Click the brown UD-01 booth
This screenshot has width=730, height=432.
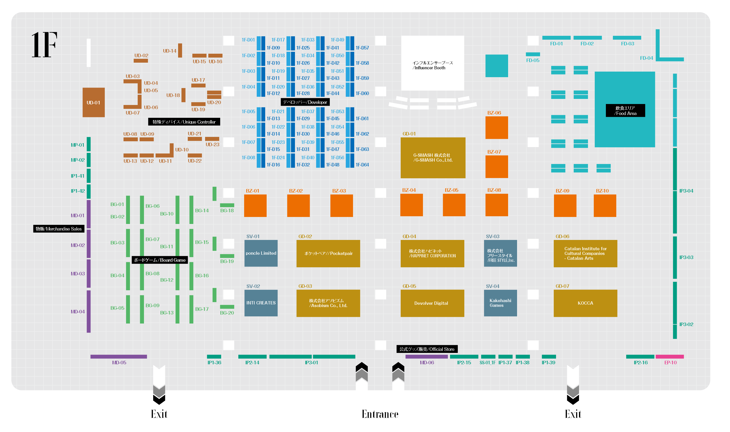click(93, 103)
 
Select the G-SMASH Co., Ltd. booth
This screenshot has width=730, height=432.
click(433, 157)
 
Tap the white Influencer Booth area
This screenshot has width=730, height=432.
click(432, 63)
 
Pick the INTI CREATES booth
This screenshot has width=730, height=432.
click(261, 303)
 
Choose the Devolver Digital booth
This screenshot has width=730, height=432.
click(432, 303)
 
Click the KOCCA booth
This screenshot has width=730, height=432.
click(585, 303)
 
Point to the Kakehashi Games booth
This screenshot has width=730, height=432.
click(500, 303)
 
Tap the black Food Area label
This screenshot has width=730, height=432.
click(625, 111)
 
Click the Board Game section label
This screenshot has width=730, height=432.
click(159, 260)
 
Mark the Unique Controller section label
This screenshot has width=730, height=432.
click(184, 122)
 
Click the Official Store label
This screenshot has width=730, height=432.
click(427, 349)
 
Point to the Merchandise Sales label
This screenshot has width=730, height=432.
click(59, 229)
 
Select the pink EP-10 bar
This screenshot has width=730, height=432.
click(670, 357)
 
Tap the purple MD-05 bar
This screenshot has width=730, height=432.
click(119, 357)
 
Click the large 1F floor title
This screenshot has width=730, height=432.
click(44, 45)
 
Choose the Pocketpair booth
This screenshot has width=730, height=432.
click(328, 253)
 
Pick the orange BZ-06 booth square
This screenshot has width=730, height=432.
click(497, 127)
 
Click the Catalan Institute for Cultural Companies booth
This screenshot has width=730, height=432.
click(585, 253)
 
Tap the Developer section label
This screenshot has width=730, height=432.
click(305, 102)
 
